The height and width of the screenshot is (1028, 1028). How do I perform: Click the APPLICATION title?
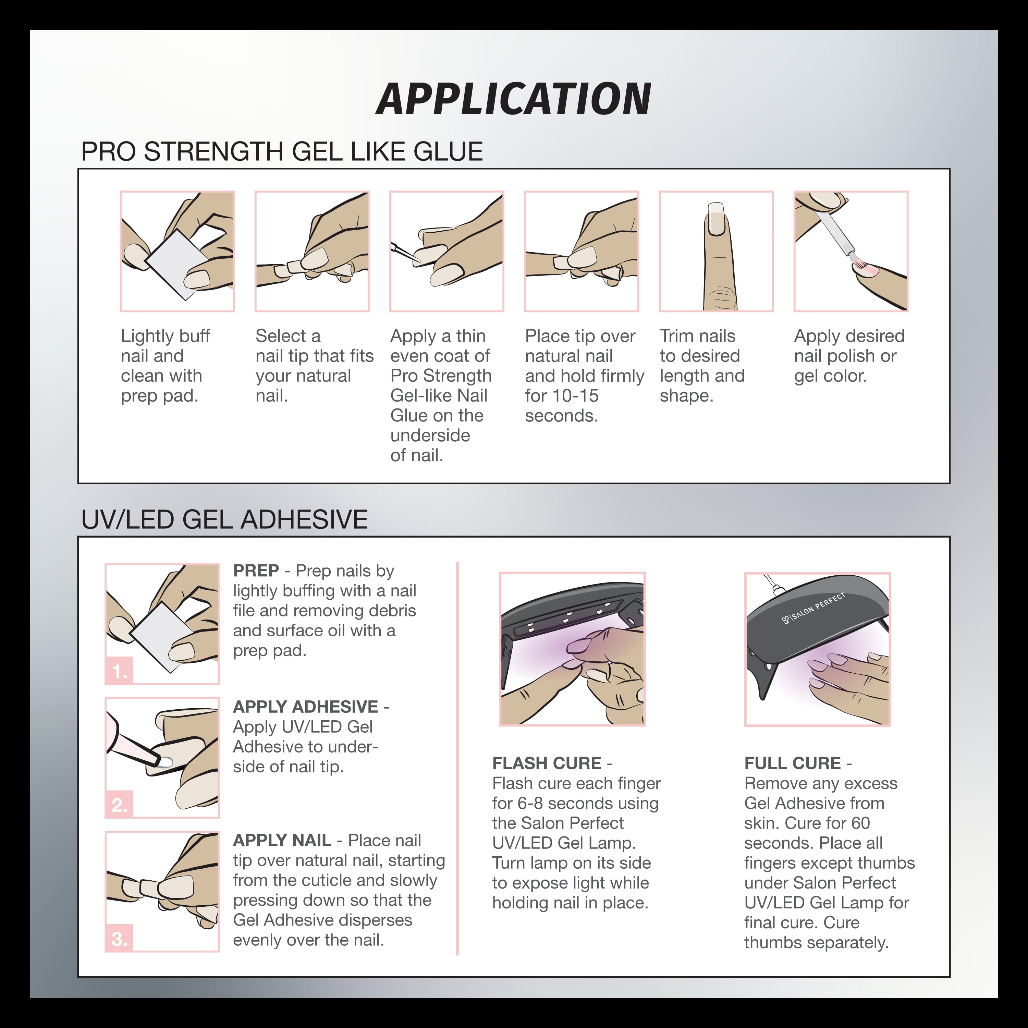[513, 99]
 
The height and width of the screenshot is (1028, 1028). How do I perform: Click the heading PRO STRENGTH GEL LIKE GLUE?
[282, 152]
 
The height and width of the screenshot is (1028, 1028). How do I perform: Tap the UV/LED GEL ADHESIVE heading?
[224, 519]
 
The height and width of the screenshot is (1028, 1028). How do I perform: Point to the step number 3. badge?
[119, 939]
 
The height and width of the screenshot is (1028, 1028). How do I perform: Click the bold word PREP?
[256, 571]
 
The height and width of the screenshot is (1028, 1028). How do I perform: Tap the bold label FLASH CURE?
[547, 763]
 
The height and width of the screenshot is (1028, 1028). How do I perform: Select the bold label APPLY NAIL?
[282, 841]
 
